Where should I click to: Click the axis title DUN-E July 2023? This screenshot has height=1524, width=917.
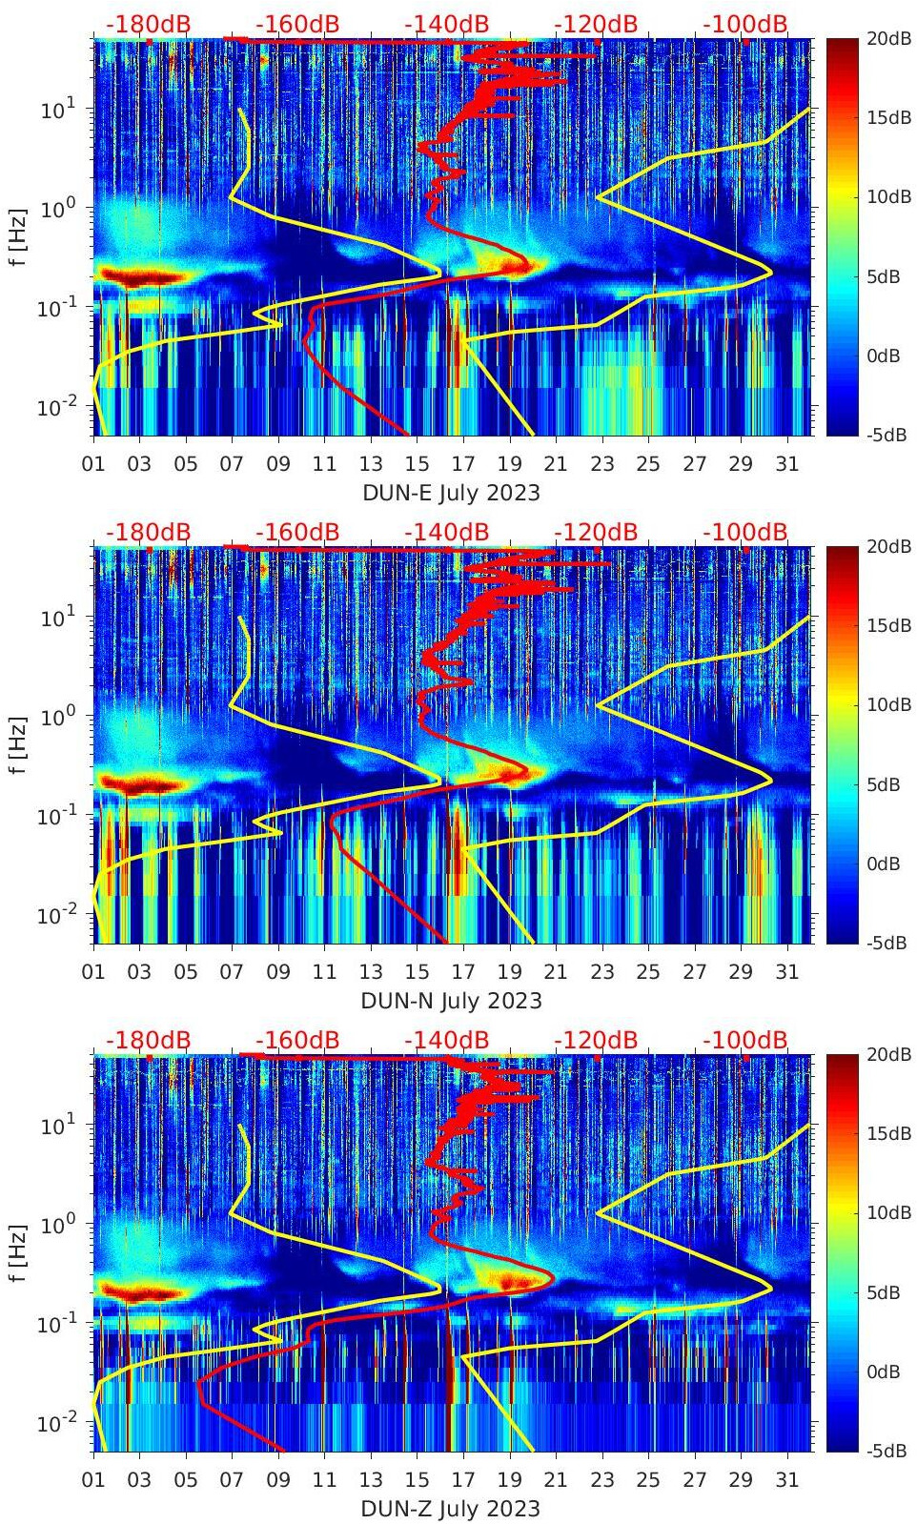pos(451,494)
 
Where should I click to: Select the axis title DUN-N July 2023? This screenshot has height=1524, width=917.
pos(451,1002)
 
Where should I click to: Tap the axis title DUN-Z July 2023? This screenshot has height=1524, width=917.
pos(451,1510)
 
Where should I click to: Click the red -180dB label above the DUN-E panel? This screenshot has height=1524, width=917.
pos(148,24)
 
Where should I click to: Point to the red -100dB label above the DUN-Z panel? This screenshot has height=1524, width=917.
pos(745,1040)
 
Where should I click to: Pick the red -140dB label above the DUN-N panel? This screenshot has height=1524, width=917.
pos(446,532)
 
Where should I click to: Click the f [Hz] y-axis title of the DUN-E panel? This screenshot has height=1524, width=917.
pos(19,236)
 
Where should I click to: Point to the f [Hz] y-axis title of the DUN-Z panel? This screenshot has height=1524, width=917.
pos(19,1252)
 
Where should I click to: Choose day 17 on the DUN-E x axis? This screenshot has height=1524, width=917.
pos(463,465)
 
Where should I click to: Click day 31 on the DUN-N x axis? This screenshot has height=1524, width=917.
pos(786,973)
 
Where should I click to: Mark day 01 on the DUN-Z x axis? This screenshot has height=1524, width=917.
pos(93,1481)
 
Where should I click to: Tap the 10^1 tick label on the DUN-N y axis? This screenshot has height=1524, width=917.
pos(56,617)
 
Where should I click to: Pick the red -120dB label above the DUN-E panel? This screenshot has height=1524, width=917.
pos(596,24)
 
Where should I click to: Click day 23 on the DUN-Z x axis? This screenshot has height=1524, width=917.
pos(601,1481)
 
